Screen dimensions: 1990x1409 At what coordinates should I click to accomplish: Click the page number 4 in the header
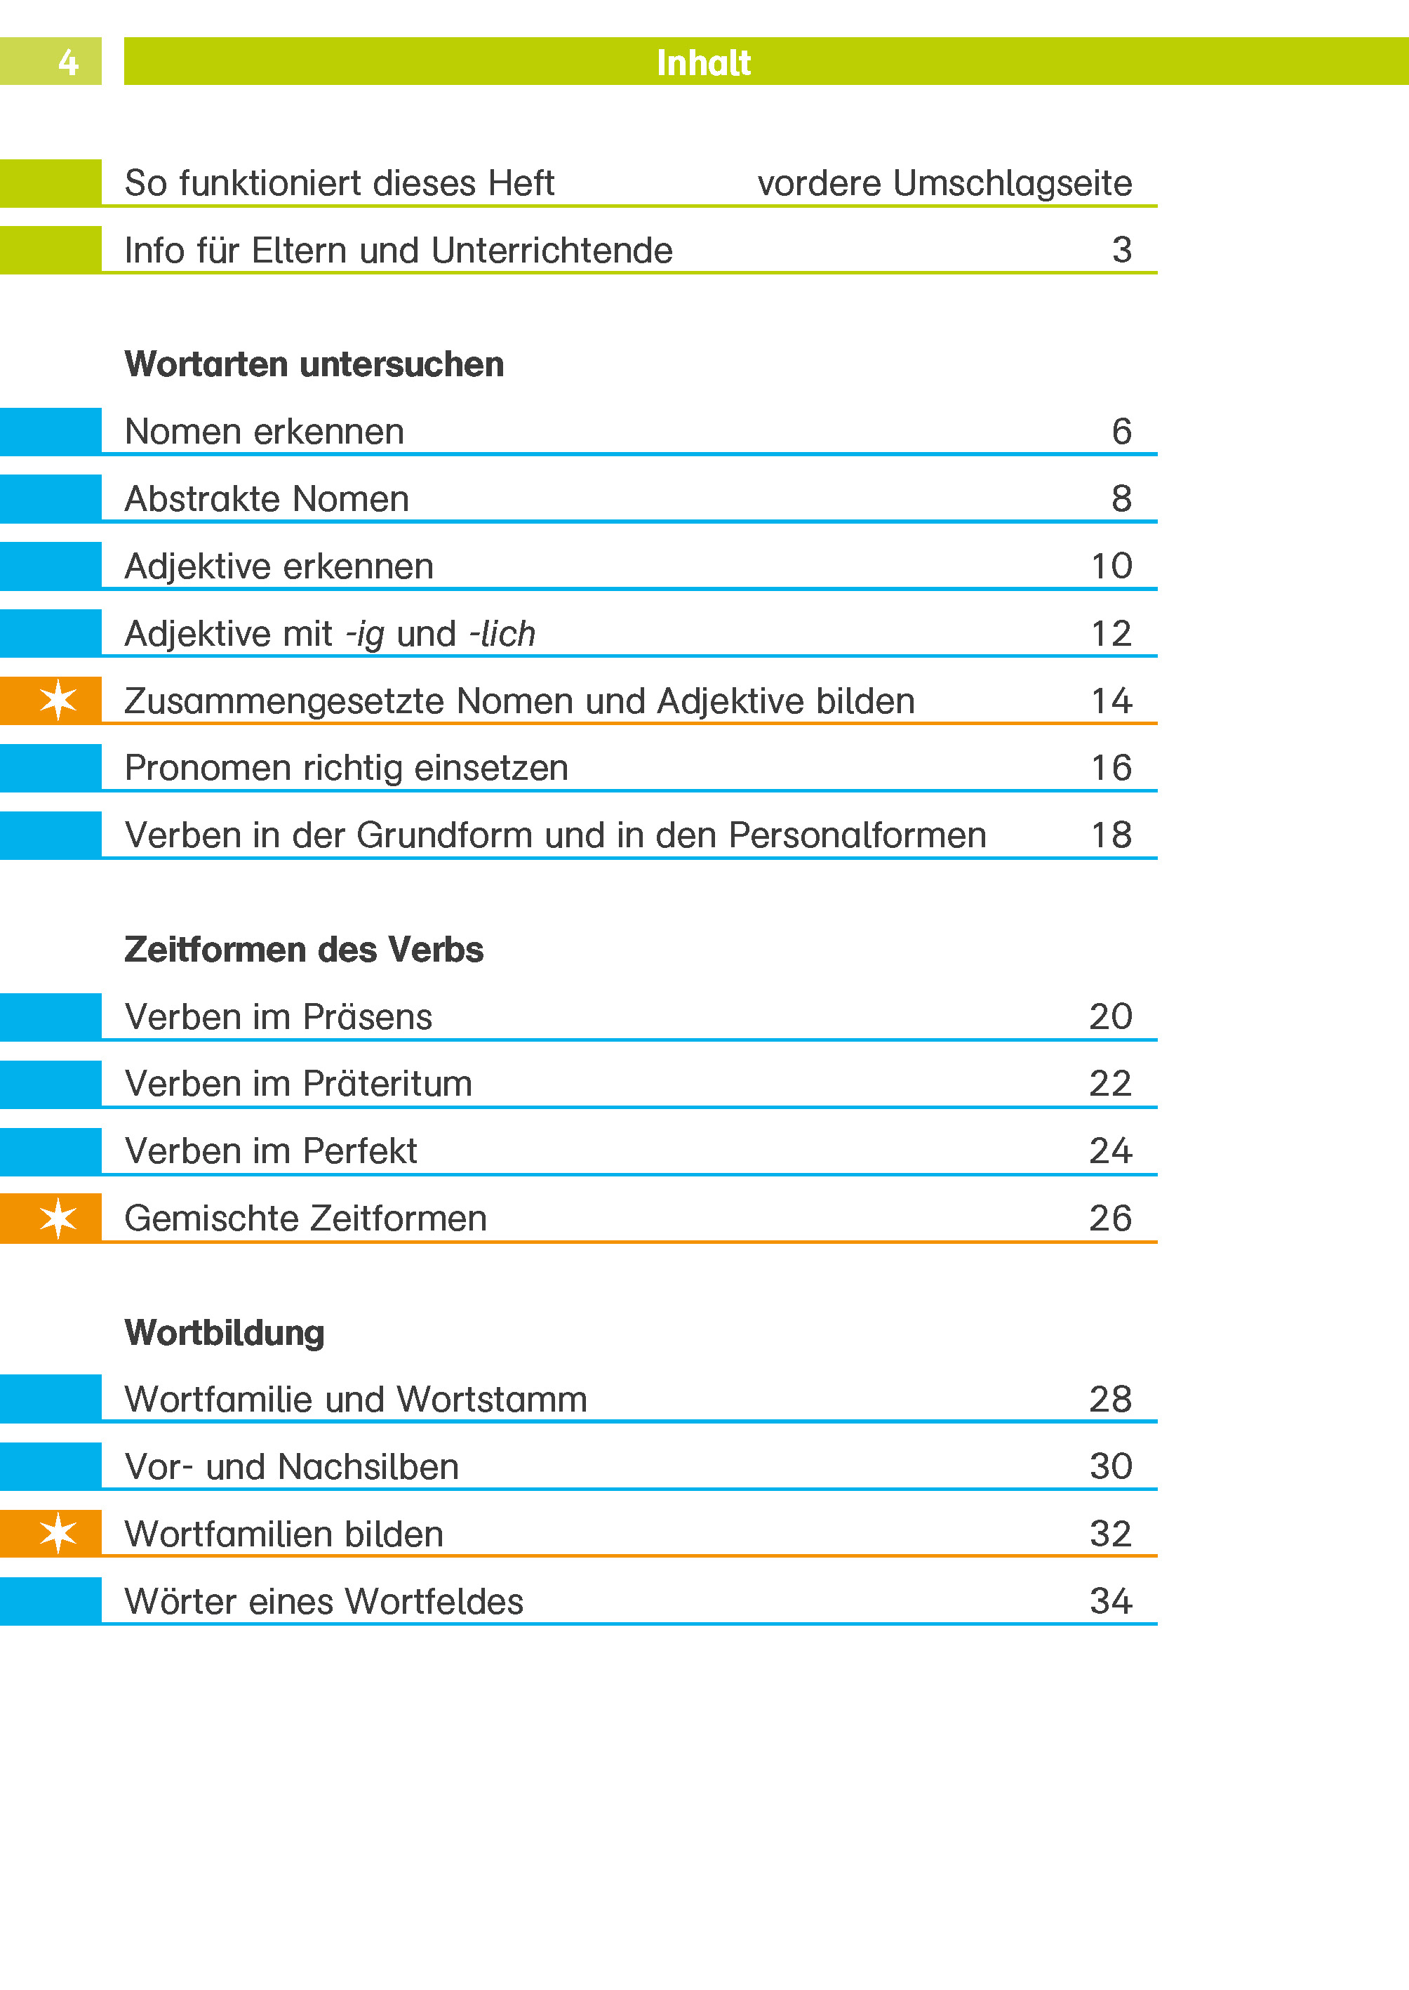point(67,62)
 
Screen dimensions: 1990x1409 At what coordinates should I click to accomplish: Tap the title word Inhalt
point(703,62)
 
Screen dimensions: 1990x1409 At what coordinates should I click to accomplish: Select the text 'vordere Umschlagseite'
point(944,183)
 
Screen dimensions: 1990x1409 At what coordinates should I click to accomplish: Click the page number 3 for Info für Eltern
point(1121,250)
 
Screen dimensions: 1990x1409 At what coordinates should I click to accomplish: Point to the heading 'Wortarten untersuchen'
point(314,364)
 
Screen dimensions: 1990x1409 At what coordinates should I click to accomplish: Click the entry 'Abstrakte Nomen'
point(267,499)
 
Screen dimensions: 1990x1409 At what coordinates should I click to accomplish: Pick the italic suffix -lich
point(502,634)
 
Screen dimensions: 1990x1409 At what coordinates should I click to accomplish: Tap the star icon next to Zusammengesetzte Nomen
point(58,701)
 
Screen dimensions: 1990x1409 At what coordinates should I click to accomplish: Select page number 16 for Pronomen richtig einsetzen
point(1111,768)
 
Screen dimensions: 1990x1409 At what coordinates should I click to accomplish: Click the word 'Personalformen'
point(857,835)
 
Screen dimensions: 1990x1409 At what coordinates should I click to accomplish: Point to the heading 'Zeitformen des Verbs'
point(304,950)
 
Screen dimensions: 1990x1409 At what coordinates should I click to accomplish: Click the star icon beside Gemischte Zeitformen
point(58,1218)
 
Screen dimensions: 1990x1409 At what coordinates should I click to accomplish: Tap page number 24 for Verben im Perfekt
point(1111,1150)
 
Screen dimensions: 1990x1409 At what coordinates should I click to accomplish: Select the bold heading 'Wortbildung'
point(225,1333)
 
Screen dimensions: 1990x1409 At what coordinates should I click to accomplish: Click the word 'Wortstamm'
point(492,1400)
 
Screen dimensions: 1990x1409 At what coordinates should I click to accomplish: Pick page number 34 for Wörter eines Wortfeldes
point(1111,1601)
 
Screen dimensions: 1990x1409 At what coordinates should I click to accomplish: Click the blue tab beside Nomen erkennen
point(51,431)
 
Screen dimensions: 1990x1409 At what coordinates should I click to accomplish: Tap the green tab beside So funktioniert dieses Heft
point(51,183)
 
